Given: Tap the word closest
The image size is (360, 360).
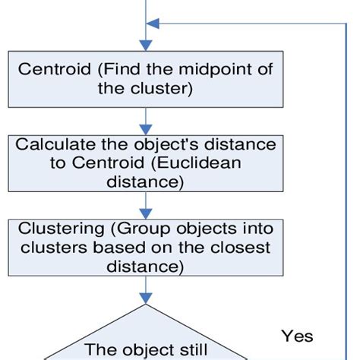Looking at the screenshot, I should pos(235,249).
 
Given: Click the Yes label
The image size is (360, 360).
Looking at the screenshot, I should pos(297,335).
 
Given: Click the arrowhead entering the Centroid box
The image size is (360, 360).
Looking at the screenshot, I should pos(144,46).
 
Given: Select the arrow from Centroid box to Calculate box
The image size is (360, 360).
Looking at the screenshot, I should pos(144,119).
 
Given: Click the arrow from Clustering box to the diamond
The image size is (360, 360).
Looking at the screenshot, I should pos(144,290).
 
